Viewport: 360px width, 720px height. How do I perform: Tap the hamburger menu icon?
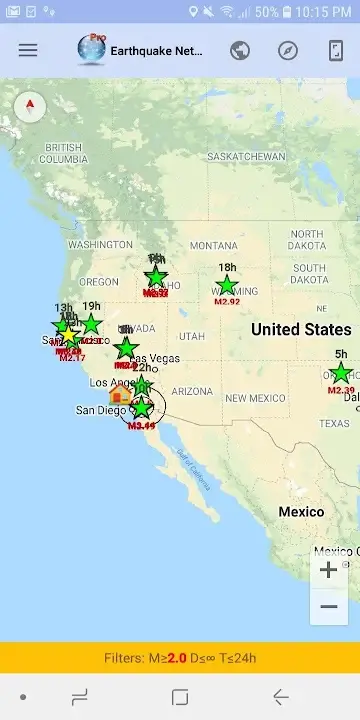tap(28, 50)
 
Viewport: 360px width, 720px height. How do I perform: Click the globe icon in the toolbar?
tap(240, 50)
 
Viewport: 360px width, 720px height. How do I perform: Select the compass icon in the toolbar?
tap(288, 50)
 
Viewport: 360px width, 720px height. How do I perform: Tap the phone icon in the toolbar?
tap(336, 50)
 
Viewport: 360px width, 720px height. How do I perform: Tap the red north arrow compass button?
tap(30, 107)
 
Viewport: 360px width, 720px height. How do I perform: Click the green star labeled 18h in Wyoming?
tap(228, 285)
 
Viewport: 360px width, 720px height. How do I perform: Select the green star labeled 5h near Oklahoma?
tap(341, 373)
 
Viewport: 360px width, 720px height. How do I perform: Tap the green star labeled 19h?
tap(91, 324)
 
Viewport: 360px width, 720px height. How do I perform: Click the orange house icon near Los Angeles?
tap(120, 394)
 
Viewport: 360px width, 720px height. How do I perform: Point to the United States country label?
tap(301, 329)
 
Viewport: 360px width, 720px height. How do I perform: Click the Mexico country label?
tap(301, 512)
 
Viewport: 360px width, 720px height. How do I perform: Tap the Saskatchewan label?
tap(246, 157)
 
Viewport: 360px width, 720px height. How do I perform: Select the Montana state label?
tap(213, 245)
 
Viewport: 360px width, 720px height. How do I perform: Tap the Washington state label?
tap(100, 244)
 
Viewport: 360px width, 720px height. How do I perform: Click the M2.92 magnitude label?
tap(227, 301)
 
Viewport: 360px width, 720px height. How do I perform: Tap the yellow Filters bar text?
tap(180, 658)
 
